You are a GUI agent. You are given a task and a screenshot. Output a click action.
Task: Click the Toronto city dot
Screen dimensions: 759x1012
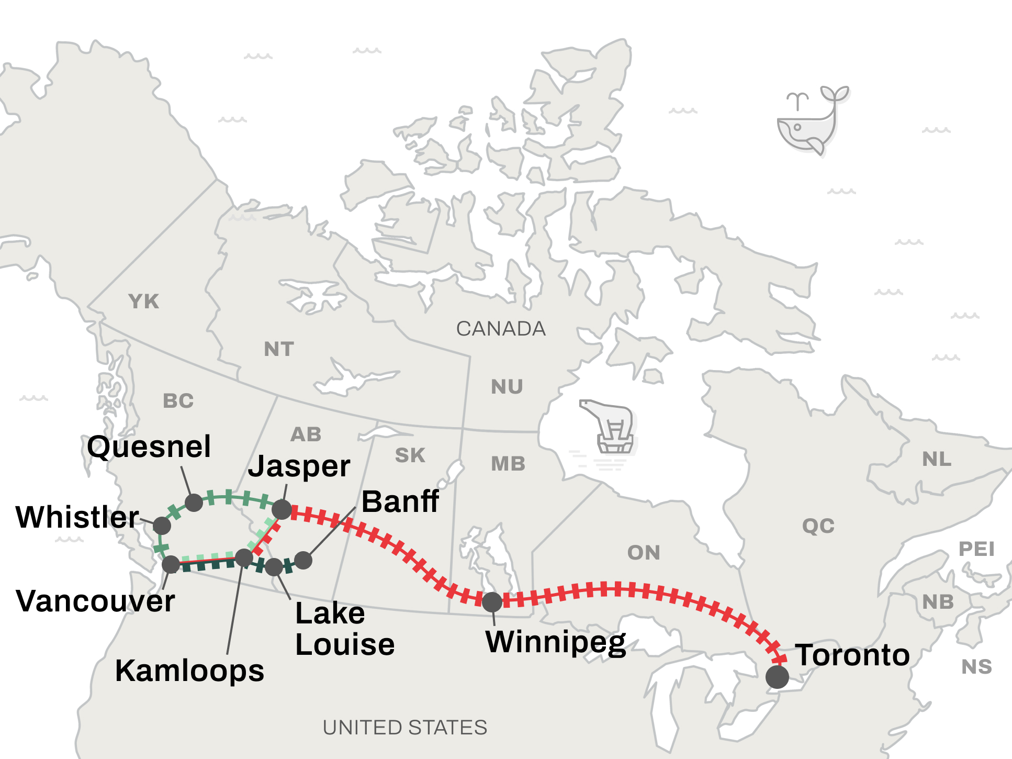coord(777,677)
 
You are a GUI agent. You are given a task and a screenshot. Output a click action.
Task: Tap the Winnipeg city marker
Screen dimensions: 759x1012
coord(492,602)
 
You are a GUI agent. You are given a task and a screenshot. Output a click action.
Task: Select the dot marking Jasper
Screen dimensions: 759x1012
coord(282,509)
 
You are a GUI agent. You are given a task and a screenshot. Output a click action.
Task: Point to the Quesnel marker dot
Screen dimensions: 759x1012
coord(194,502)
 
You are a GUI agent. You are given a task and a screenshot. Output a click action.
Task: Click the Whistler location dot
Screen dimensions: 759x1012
coord(162,526)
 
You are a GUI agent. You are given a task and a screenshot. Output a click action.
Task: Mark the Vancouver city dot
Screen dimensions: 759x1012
coord(171,564)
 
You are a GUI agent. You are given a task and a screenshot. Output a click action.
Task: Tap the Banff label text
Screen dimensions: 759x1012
coord(400,501)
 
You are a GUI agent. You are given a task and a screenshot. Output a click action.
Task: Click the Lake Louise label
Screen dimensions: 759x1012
coord(344,629)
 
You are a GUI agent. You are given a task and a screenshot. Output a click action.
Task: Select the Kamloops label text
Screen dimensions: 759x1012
coord(189,671)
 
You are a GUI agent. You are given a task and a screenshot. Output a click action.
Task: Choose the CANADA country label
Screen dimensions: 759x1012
coord(501,329)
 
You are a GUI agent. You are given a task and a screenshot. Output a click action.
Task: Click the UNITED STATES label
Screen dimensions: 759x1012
coord(405,728)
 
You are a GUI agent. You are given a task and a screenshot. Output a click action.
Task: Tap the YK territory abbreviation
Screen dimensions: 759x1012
coord(143,302)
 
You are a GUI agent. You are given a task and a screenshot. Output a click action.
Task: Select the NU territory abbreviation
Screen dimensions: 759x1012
coord(507,387)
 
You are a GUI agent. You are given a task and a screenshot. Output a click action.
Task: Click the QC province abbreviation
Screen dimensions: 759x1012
coord(818,526)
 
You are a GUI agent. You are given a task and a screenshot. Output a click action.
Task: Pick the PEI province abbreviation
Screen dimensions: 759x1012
coord(976,549)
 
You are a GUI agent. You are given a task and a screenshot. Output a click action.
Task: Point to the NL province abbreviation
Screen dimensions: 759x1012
coord(937,459)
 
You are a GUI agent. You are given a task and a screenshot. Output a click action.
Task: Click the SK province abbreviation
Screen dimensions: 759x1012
coord(410,455)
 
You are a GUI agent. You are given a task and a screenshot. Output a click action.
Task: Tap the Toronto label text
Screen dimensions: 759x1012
coord(852,655)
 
